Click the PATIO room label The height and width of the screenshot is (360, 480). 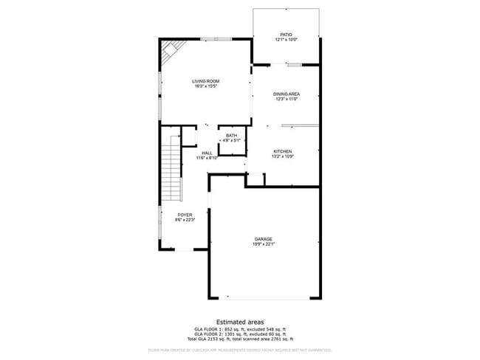click(x=287, y=34)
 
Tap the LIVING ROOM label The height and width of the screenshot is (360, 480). click(x=206, y=81)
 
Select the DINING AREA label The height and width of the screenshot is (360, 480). click(x=287, y=94)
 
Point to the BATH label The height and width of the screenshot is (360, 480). click(x=232, y=136)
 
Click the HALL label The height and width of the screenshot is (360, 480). click(x=207, y=153)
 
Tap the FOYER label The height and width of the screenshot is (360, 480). click(x=184, y=215)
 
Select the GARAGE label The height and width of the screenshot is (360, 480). click(x=264, y=239)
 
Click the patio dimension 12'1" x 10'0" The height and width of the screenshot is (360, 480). click(x=287, y=39)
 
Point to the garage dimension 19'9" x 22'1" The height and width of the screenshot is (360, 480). click(x=264, y=244)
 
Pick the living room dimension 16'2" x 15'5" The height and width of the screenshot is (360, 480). click(x=206, y=86)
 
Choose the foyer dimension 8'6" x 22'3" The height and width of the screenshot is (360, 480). click(x=184, y=220)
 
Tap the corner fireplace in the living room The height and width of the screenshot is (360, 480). click(x=171, y=51)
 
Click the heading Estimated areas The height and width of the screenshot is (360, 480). click(x=239, y=322)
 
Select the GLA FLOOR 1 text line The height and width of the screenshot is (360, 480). click(x=239, y=329)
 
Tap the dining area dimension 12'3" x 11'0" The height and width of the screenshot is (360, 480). click(x=287, y=99)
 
